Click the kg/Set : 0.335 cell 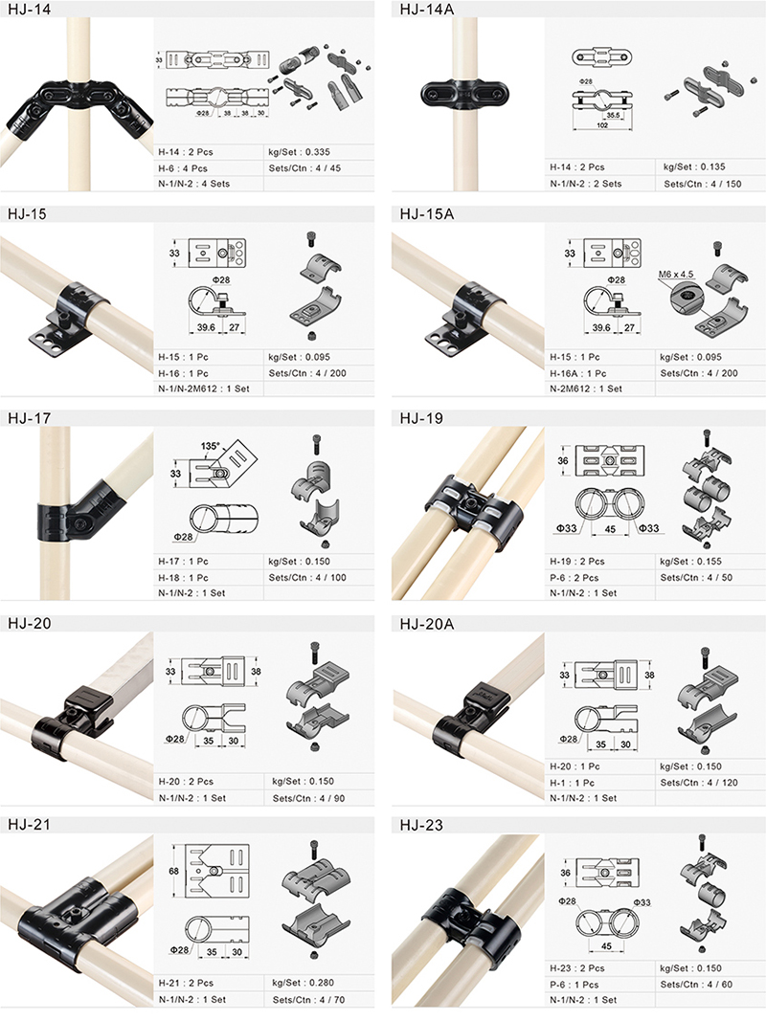[299, 152]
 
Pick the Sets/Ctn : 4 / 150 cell [702, 184]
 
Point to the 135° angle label [210, 446]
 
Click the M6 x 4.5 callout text [675, 274]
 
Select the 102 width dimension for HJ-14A [602, 125]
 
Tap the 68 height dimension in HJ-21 [174, 871]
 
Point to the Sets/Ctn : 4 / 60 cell [696, 984]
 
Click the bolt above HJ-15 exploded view [310, 239]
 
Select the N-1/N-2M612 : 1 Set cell [204, 388]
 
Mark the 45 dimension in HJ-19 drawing [610, 529]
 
